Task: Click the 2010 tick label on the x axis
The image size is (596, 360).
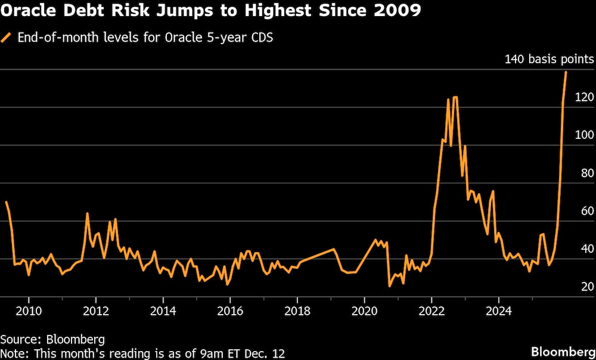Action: pos(29,311)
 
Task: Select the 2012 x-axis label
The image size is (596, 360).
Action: pos(96,311)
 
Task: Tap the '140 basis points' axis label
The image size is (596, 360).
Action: pos(549,59)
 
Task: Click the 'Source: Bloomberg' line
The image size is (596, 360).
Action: pos(52,340)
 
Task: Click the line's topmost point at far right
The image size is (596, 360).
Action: pos(566,72)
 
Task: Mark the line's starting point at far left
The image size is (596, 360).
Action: pos(6,202)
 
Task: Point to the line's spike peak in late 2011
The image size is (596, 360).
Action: pos(87,213)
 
